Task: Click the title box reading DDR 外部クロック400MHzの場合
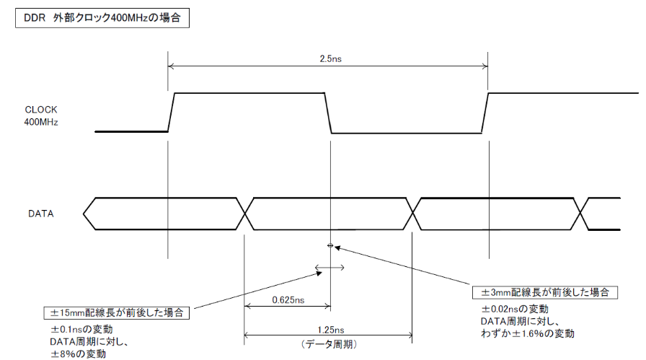(102, 19)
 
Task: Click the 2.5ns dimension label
(328, 58)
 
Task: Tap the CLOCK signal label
(40, 110)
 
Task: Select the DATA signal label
(41, 214)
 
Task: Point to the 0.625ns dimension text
(288, 299)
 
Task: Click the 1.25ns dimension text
(328, 327)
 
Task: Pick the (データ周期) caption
(328, 344)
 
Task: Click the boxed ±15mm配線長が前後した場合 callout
(118, 313)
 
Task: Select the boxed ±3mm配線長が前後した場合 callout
(544, 292)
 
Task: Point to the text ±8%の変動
(77, 354)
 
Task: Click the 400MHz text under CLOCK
(40, 122)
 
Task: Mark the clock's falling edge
(328, 113)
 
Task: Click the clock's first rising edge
(172, 113)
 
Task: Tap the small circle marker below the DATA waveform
(330, 246)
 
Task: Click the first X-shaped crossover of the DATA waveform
(247, 214)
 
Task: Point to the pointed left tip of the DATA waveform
(84, 214)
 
